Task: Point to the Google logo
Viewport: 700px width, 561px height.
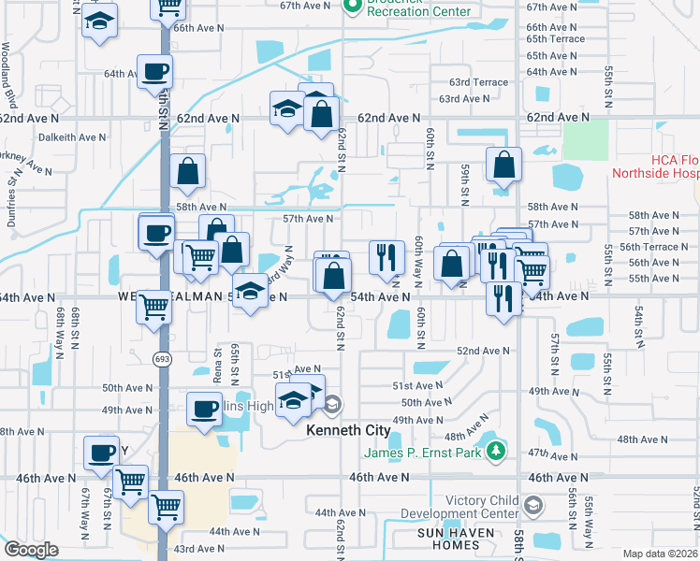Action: pos(31,550)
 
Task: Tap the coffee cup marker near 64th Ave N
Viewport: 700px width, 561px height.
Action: pos(155,71)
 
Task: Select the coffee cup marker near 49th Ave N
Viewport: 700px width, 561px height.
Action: pos(205,409)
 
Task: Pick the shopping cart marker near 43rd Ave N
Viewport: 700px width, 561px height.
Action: pos(167,507)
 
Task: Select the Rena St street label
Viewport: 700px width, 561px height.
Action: pos(218,366)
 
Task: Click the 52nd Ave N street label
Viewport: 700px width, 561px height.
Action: pos(483,351)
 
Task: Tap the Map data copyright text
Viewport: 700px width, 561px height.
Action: pos(664,554)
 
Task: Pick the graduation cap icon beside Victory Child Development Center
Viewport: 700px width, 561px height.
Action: pos(532,506)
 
